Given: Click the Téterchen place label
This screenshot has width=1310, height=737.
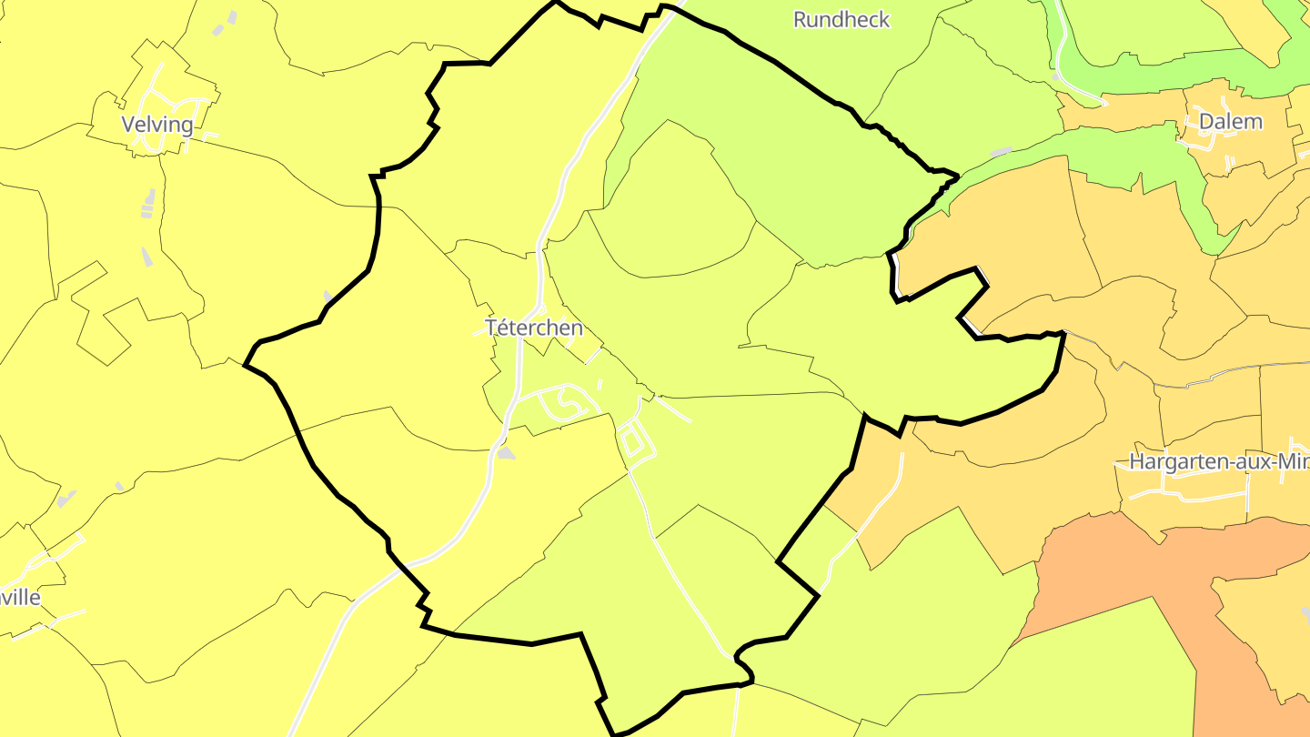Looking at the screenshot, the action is pyautogui.click(x=534, y=328).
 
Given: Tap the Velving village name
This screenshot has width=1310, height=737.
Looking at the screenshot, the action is pyautogui.click(x=158, y=125).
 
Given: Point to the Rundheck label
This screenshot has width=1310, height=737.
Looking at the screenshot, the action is pyautogui.click(x=841, y=19).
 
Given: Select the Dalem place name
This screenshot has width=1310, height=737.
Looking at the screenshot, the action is pyautogui.click(x=1230, y=121).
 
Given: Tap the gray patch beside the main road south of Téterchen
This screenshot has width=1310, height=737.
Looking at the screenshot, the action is pyautogui.click(x=506, y=453).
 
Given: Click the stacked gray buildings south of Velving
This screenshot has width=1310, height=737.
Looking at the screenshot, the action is pyautogui.click(x=148, y=205).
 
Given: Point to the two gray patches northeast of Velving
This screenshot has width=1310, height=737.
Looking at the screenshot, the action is pyautogui.click(x=226, y=24).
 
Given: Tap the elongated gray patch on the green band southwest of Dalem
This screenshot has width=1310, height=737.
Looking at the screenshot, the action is pyautogui.click(x=1001, y=152).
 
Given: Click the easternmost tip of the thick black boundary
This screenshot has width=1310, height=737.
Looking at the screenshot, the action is pyautogui.click(x=1063, y=336).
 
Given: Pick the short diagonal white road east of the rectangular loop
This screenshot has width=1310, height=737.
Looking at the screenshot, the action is pyautogui.click(x=674, y=409).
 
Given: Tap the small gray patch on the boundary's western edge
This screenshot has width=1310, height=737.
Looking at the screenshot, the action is pyautogui.click(x=328, y=297).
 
